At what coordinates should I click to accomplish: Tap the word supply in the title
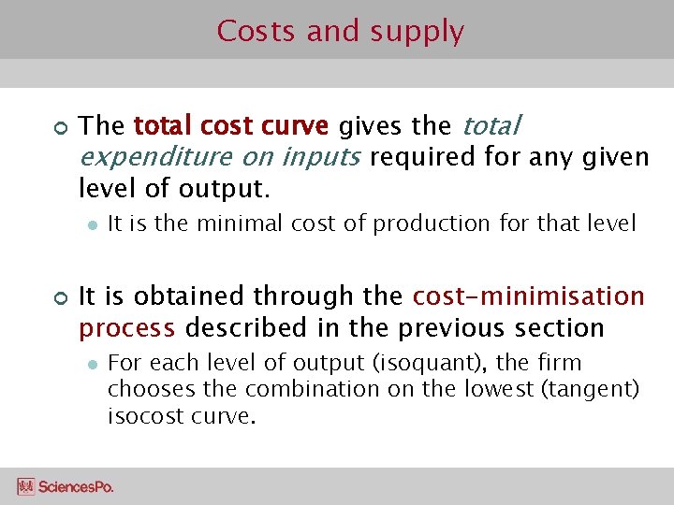click(417, 33)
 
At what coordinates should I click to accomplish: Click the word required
click(423, 156)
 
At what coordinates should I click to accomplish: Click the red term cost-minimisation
click(529, 296)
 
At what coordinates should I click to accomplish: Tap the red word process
click(126, 328)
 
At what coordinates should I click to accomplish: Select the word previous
click(453, 328)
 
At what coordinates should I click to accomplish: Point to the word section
click(559, 328)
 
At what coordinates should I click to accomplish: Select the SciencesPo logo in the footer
click(65, 486)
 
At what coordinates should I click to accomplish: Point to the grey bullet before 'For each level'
click(92, 363)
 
